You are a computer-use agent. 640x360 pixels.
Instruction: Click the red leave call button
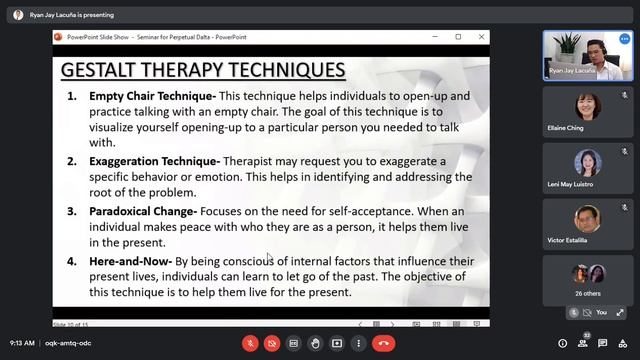point(383,343)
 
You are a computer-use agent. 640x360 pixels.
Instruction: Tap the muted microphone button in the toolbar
point(250,343)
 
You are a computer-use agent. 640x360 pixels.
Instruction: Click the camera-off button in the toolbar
point(272,343)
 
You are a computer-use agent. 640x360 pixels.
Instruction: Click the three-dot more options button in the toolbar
point(358,343)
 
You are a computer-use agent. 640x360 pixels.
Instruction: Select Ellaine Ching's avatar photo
point(588,105)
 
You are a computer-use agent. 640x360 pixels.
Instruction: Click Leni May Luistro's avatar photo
point(588,162)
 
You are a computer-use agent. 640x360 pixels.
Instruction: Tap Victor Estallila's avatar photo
point(588,218)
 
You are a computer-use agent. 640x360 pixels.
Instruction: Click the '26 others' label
point(588,293)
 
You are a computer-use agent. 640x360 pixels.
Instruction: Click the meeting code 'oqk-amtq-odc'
point(68,343)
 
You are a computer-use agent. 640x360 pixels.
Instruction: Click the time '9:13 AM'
point(21,343)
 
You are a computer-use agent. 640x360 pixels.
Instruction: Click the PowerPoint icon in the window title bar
point(59,37)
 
